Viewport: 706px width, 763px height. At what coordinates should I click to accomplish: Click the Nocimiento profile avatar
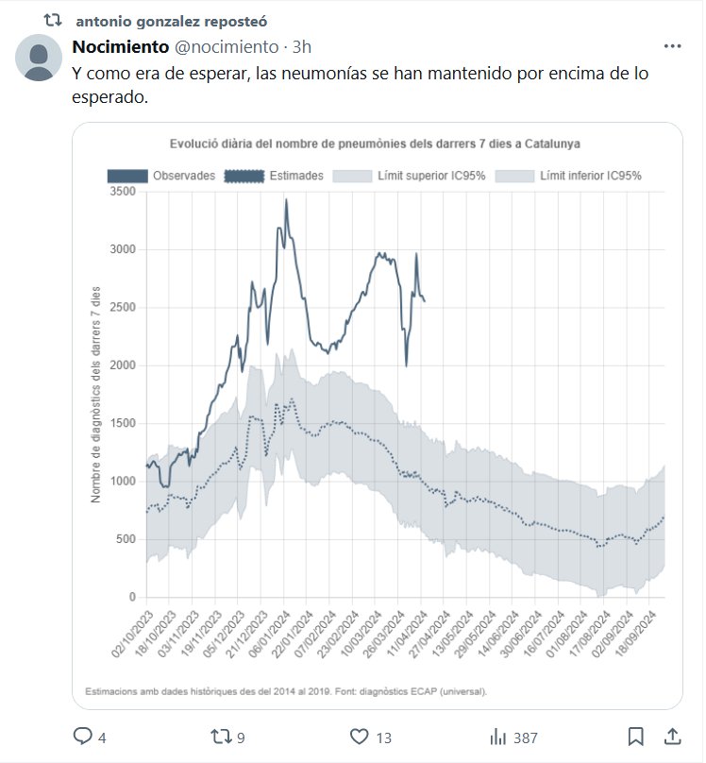pos(40,58)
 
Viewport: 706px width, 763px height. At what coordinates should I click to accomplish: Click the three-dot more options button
pos(672,46)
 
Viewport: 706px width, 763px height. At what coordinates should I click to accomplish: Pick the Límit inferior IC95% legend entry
pos(571,176)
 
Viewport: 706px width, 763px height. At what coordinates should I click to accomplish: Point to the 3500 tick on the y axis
pos(121,192)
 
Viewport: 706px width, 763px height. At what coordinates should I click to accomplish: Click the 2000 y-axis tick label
pos(121,365)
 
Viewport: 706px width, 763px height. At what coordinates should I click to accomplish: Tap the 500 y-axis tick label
pos(126,539)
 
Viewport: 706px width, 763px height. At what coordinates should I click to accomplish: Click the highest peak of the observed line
pos(286,201)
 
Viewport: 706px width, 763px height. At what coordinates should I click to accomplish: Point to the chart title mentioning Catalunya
pos(375,144)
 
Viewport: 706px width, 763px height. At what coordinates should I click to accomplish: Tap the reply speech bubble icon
pos(83,737)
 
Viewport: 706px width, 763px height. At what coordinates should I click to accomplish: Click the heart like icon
pos(359,737)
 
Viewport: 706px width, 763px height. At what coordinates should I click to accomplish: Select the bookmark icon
pos(636,737)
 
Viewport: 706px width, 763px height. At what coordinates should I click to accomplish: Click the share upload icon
pos(672,737)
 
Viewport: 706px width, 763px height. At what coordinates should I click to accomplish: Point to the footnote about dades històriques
pos(286,691)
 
